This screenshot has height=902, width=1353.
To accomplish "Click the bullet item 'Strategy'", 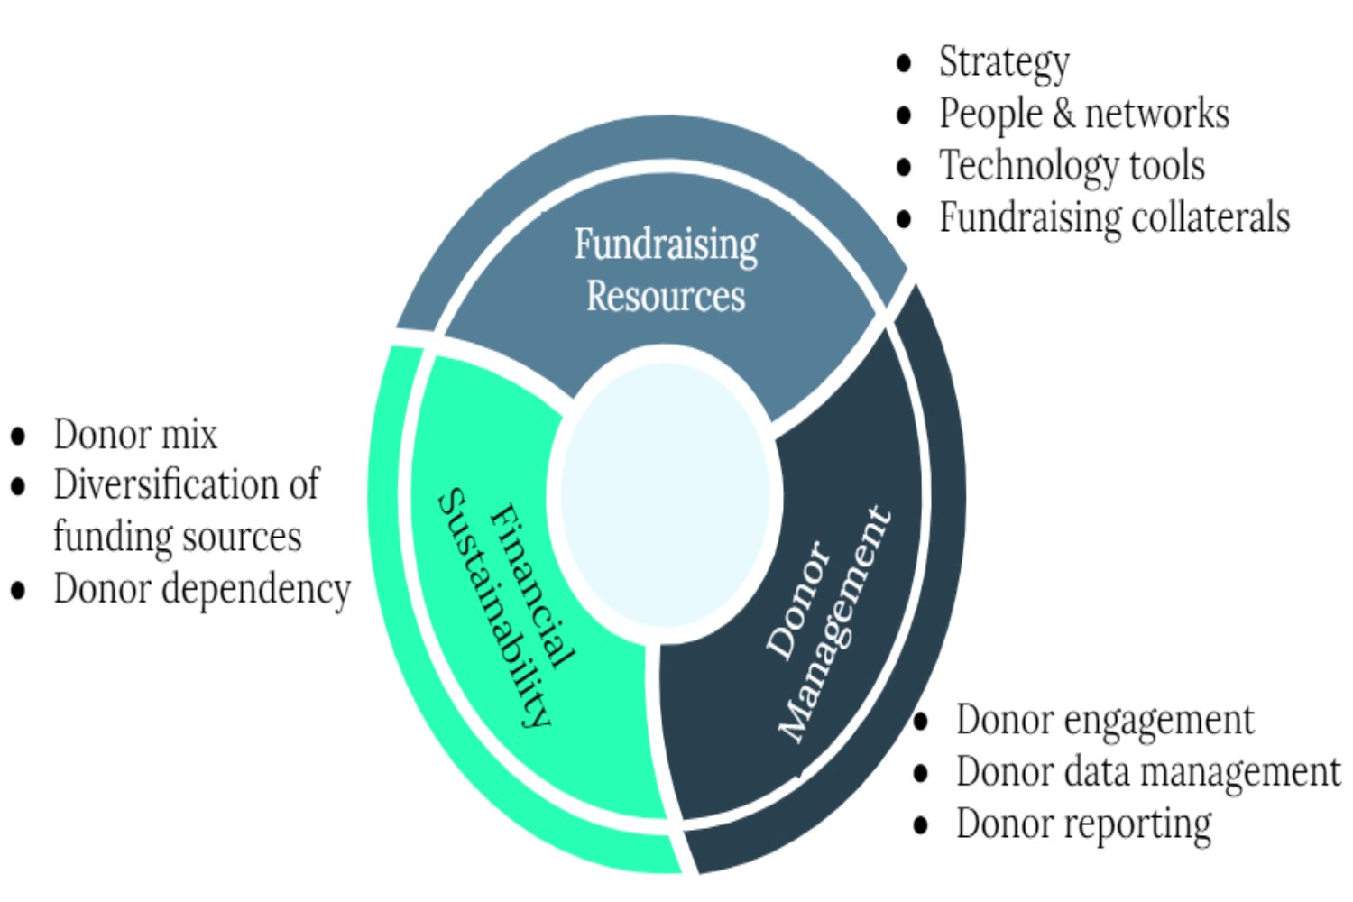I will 1004,63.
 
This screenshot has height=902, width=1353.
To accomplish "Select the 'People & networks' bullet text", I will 1083,115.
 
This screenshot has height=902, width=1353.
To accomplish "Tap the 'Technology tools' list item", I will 1072,166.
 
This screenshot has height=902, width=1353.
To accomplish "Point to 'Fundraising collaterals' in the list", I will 1114,218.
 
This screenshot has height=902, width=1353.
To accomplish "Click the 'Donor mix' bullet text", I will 135,435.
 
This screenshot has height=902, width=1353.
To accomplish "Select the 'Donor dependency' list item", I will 202,590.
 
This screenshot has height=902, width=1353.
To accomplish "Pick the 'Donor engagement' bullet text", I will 1105,721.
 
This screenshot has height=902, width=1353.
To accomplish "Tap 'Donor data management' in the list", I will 1148,773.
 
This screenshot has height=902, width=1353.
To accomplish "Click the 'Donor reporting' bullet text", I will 1083,824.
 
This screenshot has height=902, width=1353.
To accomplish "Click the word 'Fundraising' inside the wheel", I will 667,245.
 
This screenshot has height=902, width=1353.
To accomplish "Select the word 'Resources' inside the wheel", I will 666,297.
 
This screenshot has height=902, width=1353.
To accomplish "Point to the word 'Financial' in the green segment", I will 532,586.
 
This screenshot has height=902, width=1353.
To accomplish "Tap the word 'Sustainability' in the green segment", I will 493,609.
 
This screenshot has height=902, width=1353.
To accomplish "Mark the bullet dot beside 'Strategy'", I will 905,63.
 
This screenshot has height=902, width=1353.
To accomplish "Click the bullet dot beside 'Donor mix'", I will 18,437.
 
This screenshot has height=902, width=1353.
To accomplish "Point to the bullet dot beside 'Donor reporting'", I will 921,824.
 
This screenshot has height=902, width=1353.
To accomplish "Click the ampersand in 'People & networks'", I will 1063,115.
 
